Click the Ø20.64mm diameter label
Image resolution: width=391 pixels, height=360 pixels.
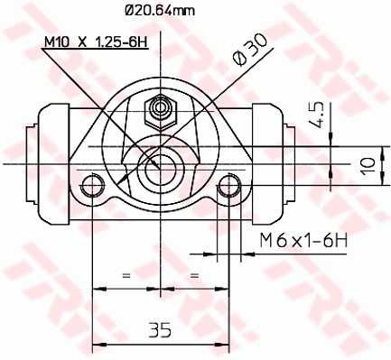click(160, 11)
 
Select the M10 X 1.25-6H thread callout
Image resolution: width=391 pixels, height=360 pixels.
click(97, 42)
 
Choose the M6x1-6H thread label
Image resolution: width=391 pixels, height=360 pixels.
click(303, 241)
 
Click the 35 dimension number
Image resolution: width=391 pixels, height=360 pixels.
click(160, 329)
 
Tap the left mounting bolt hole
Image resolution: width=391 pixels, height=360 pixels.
click(92, 186)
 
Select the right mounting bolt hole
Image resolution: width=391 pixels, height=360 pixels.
click(229, 186)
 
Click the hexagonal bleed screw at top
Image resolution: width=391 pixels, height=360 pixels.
click(160, 112)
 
